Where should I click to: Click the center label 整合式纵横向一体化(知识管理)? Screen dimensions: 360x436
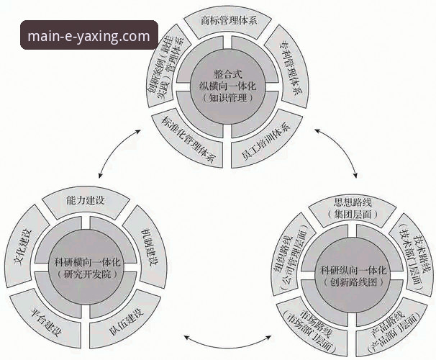227,85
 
